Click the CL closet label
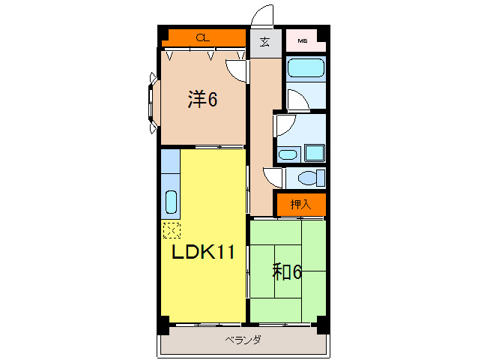[x=202, y=37]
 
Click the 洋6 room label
[x=202, y=98]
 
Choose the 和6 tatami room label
[x=287, y=271]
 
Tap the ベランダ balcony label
[x=243, y=340]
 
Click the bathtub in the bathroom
[x=305, y=69]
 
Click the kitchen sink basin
[x=170, y=203]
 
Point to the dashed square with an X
[x=172, y=229]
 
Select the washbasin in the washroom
[x=287, y=155]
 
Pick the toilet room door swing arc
[x=273, y=177]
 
